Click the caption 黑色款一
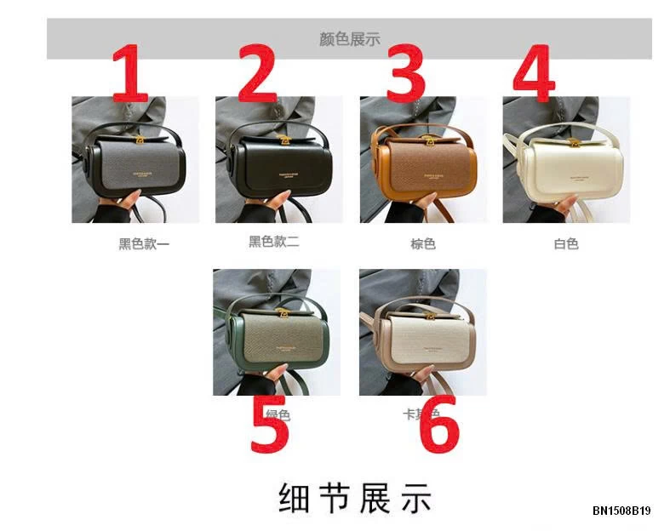click(144, 244)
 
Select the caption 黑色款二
click(273, 242)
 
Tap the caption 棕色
click(423, 244)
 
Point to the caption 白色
click(566, 244)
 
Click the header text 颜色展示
click(349, 38)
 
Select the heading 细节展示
click(355, 498)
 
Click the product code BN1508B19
click(621, 511)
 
